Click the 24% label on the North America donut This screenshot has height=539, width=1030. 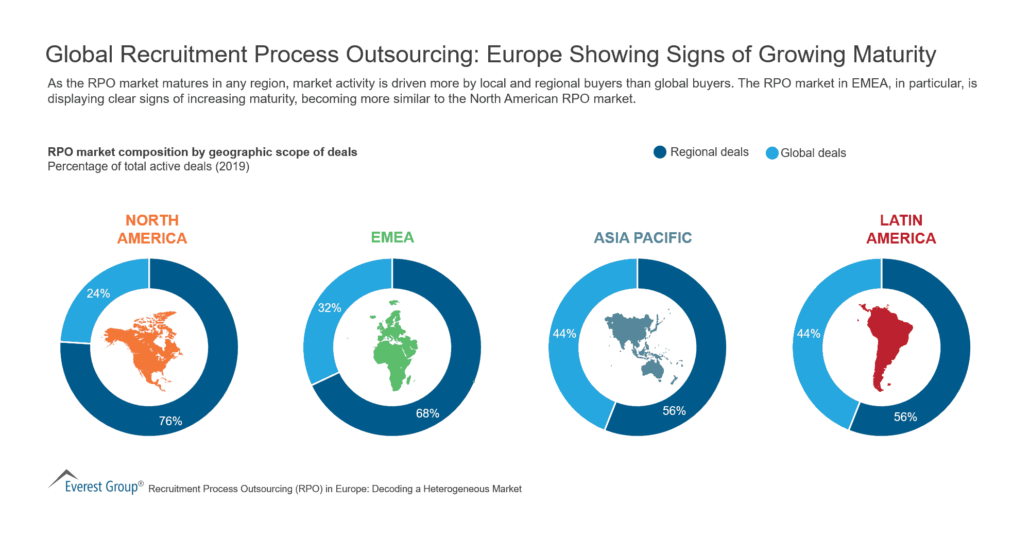pos(98,293)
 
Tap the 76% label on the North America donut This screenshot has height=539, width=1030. pos(170,421)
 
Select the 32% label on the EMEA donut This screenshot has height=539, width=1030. pos(330,308)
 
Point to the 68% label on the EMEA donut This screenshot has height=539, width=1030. pos(427,413)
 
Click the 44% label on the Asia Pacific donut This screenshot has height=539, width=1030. pos(564,334)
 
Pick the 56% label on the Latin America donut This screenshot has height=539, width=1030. pos(905,417)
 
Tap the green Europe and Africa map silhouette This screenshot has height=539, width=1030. pos(394,355)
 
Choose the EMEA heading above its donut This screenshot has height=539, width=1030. pos(392,237)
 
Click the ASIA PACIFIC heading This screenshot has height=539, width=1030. pos(643,238)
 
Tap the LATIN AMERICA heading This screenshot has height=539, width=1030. pos(901,229)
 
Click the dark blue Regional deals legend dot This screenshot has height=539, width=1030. pos(660,152)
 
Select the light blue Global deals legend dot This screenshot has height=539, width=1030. pos(771,153)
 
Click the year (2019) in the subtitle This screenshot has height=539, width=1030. pos(232,166)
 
